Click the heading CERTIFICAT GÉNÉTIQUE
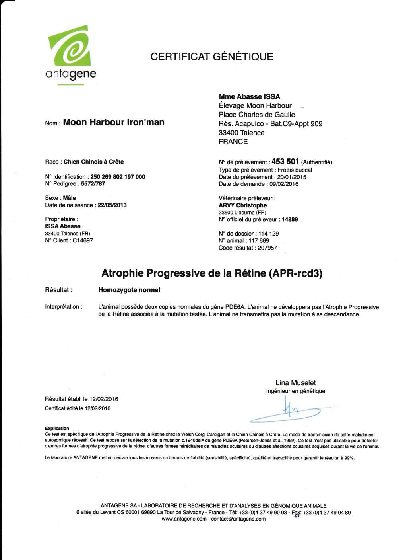coord(211,57)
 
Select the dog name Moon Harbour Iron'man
coord(114,122)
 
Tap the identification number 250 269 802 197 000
coord(118,177)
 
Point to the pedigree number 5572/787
coord(93,184)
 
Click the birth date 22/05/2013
coord(112,205)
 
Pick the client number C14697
coord(83,240)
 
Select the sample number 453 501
coord(285,162)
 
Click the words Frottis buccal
coord(295,170)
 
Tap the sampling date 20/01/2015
coord(292,177)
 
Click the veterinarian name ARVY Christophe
coord(242,205)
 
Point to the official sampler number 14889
coord(290,219)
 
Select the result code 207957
coord(267,248)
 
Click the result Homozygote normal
coord(129,290)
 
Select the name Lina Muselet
coord(295,383)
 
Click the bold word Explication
coord(57,428)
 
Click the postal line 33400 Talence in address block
coord(241,133)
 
